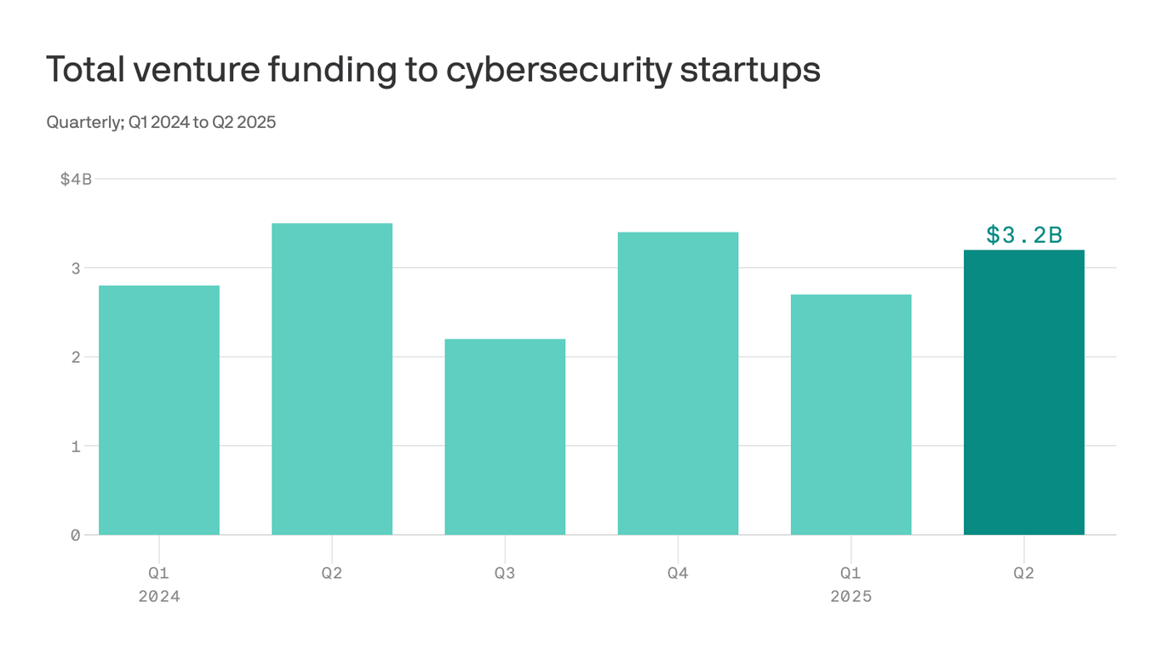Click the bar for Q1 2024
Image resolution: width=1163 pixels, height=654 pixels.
click(x=159, y=410)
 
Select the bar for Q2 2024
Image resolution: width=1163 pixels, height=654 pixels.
click(x=332, y=379)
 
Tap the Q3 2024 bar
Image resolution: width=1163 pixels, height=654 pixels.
click(x=505, y=437)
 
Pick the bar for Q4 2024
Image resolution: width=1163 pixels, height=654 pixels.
click(x=678, y=383)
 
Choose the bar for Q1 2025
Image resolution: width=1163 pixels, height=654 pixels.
click(x=851, y=415)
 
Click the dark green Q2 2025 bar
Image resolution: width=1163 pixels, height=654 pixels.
click(x=1023, y=393)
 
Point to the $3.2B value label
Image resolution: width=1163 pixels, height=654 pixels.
click(x=1024, y=235)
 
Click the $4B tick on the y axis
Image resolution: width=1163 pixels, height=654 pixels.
click(x=75, y=179)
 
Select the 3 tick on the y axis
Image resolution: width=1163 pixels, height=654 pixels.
click(x=75, y=268)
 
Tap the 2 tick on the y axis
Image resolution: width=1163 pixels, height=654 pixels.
click(x=75, y=357)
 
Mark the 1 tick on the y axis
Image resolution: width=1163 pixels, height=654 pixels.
click(x=75, y=446)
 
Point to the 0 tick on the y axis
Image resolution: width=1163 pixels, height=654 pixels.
click(x=75, y=535)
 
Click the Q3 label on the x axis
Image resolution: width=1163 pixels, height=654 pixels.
click(x=505, y=573)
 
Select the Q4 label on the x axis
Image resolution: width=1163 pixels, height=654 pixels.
click(x=678, y=573)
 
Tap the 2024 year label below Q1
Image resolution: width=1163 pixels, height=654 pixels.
click(x=159, y=596)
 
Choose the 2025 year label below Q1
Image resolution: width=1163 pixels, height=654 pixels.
click(x=851, y=596)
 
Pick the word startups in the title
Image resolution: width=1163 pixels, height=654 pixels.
click(x=750, y=70)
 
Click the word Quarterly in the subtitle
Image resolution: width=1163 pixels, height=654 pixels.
click(x=82, y=123)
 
